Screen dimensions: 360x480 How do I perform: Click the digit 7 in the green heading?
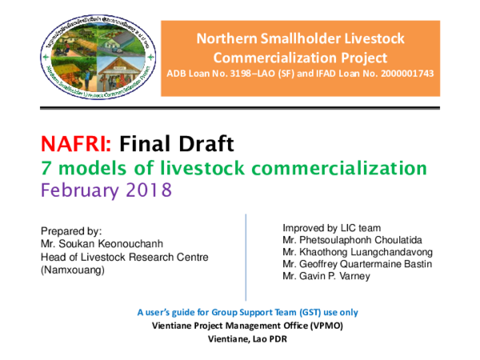click(x=46, y=168)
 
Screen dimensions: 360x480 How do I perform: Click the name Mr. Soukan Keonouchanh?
click(x=97, y=243)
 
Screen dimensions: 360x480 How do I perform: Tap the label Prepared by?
click(x=66, y=230)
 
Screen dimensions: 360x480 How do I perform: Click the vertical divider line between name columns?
click(x=245, y=248)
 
